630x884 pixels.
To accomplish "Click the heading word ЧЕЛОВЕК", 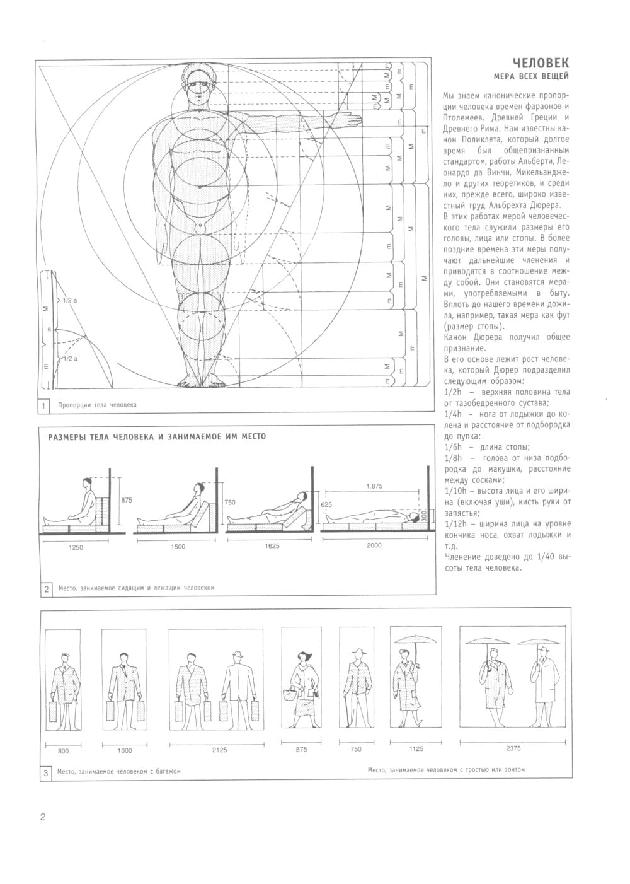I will (x=541, y=63).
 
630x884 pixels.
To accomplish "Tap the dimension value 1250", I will (x=75, y=547).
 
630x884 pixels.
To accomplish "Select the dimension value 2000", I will (x=374, y=545).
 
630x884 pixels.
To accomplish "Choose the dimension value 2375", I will (x=513, y=748).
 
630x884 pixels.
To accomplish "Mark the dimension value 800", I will (x=63, y=751).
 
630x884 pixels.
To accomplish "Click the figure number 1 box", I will (x=44, y=405).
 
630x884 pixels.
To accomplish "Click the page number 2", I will (x=43, y=818).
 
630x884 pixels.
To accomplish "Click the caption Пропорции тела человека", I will (x=96, y=405).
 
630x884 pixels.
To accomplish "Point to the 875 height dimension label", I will (x=127, y=500).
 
